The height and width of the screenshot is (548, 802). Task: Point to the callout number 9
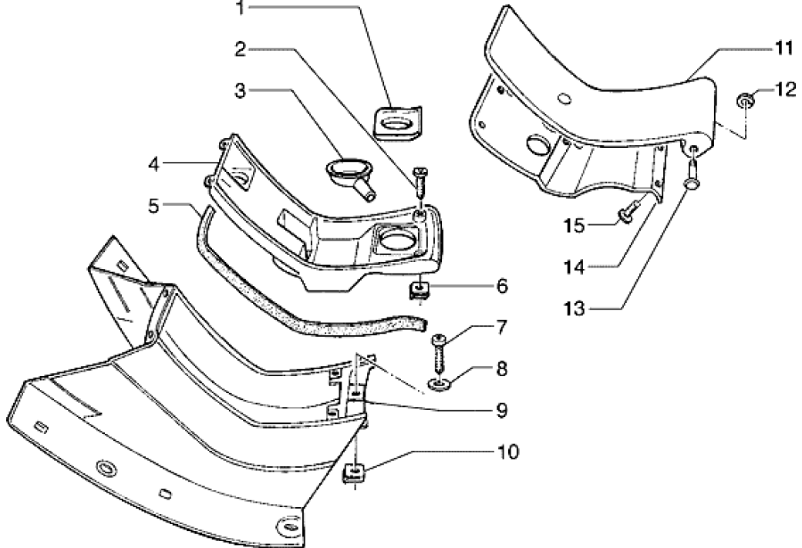502,410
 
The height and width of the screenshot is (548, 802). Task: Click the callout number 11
783,48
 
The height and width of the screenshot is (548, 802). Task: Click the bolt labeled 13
693,174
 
